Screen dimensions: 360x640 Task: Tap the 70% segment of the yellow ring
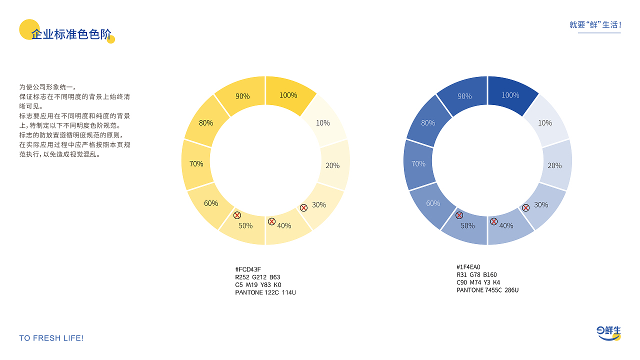point(196,164)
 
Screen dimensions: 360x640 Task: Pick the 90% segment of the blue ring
point(464,95)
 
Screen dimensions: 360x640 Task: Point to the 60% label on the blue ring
point(433,203)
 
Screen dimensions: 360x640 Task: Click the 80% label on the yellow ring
point(206,122)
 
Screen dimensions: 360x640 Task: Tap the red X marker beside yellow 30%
point(303,207)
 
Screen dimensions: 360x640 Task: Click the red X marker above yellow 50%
point(237,215)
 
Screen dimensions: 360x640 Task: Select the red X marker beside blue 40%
point(493,221)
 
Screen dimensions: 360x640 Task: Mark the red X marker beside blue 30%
point(525,207)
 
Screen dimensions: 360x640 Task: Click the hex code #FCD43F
point(248,270)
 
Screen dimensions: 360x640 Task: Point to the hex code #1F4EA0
point(468,267)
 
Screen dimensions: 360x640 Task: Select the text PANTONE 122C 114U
point(265,292)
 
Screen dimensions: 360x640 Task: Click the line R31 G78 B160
point(476,275)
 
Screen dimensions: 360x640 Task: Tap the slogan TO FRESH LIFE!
point(51,338)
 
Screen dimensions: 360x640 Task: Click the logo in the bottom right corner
point(608,333)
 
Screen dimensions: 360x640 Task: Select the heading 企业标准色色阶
point(71,34)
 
